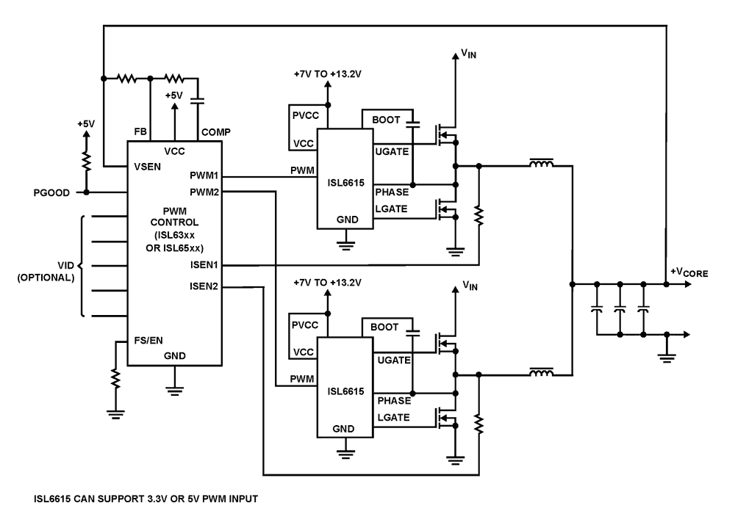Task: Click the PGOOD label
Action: (x=51, y=193)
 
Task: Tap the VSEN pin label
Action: (x=148, y=166)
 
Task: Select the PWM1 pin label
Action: (x=203, y=177)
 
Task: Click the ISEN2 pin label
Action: (x=204, y=286)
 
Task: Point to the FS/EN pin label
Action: (x=148, y=341)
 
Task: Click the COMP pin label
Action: (x=215, y=131)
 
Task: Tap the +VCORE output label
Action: (x=689, y=272)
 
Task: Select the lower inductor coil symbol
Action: (x=542, y=374)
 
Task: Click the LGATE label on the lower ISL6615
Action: (x=391, y=417)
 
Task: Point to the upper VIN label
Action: (x=467, y=54)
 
